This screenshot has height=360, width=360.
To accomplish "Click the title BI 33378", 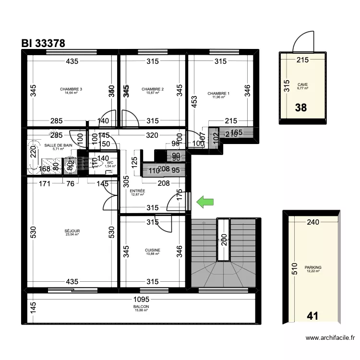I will pyautogui.click(x=43, y=43).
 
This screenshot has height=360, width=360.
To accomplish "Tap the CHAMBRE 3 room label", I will pyautogui.click(x=71, y=89).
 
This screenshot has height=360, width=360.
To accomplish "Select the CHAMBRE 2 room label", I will pyautogui.click(x=153, y=89).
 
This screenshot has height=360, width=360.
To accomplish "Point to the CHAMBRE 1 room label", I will pyautogui.click(x=218, y=94).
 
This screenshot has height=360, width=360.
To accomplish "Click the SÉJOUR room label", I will pyautogui.click(x=72, y=231).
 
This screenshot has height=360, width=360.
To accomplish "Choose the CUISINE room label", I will pyautogui.click(x=153, y=250).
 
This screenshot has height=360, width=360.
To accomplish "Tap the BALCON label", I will pyautogui.click(x=141, y=307).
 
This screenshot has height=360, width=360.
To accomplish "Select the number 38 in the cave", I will pyautogui.click(x=300, y=108).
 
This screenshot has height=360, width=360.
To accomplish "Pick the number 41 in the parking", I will pyautogui.click(x=312, y=316).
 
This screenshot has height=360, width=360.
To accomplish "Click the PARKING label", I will pyautogui.click(x=313, y=268).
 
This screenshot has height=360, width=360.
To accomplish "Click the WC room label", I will pyautogui.click(x=110, y=163).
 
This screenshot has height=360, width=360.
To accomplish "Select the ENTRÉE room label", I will pyautogui.click(x=138, y=191).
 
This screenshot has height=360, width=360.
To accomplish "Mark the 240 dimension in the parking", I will pyautogui.click(x=313, y=222).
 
